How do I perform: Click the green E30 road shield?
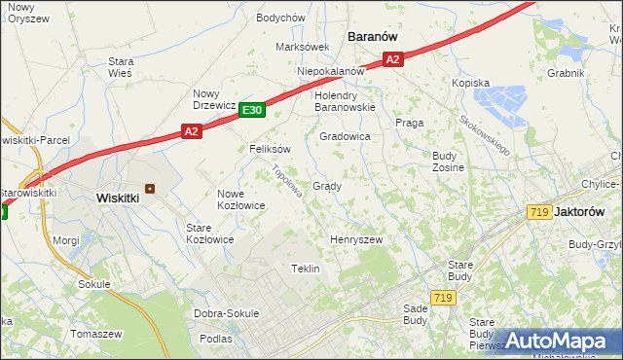pos(252,111)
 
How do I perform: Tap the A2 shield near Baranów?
pos(392,59)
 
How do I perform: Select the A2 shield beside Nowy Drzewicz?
pos(191,131)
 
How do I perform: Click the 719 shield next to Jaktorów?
pos(538,211)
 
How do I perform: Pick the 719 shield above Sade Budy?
pos(444,297)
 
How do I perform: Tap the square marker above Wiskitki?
pos(150,189)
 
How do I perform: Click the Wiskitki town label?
pos(118,198)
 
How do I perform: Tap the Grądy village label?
pos(326,186)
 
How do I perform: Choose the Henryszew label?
pos(356,239)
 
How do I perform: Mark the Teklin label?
pos(306,269)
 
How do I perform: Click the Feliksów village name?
pos(270,149)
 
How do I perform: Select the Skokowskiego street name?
pos(485,135)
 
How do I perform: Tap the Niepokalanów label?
pos(330,71)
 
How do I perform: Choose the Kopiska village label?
pos(470,84)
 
